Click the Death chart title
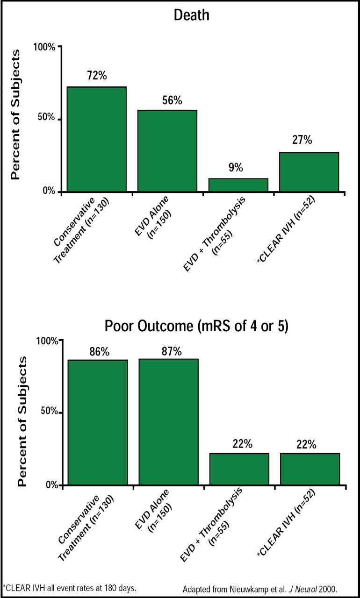(x=191, y=15)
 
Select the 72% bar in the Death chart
(x=97, y=139)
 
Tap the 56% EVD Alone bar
(x=167, y=150)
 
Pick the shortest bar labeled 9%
(x=238, y=185)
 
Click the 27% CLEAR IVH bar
(x=309, y=172)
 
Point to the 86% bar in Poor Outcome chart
(x=98, y=422)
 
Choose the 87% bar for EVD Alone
(x=168, y=421)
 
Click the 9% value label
(x=236, y=168)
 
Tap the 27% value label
(x=302, y=140)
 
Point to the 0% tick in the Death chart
(x=49, y=192)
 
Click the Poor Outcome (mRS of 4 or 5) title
(x=196, y=326)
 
